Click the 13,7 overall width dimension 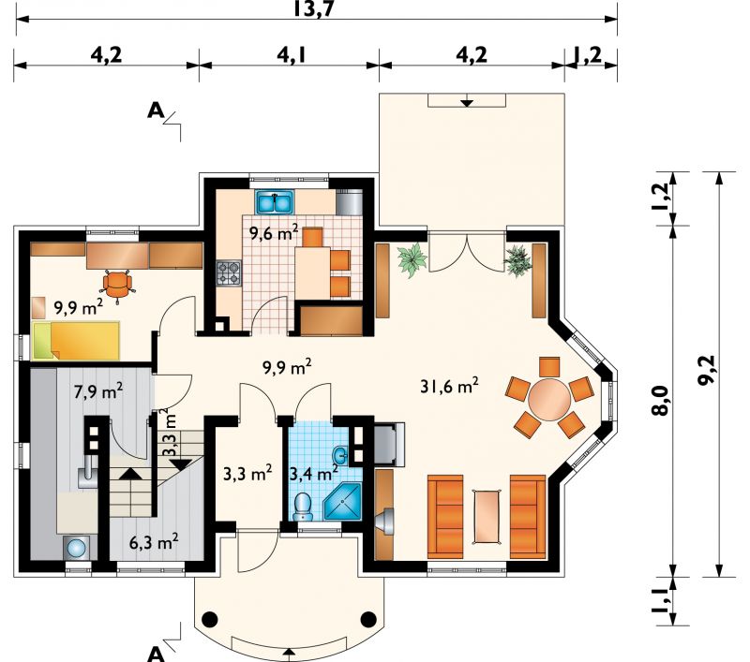click(x=313, y=8)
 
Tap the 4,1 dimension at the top click(x=291, y=55)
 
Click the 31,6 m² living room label click(x=449, y=386)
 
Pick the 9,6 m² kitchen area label click(x=274, y=233)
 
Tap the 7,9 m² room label click(x=98, y=391)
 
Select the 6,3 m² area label click(x=154, y=542)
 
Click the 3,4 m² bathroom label click(x=314, y=474)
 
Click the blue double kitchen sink click(x=275, y=202)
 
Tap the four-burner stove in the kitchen click(x=229, y=273)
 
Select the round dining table click(x=549, y=399)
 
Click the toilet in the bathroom click(x=303, y=508)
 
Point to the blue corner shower click(x=342, y=502)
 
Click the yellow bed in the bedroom click(x=76, y=341)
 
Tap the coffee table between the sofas click(x=487, y=517)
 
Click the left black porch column click(x=209, y=620)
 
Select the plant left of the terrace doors click(x=412, y=259)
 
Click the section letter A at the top click(x=156, y=110)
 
